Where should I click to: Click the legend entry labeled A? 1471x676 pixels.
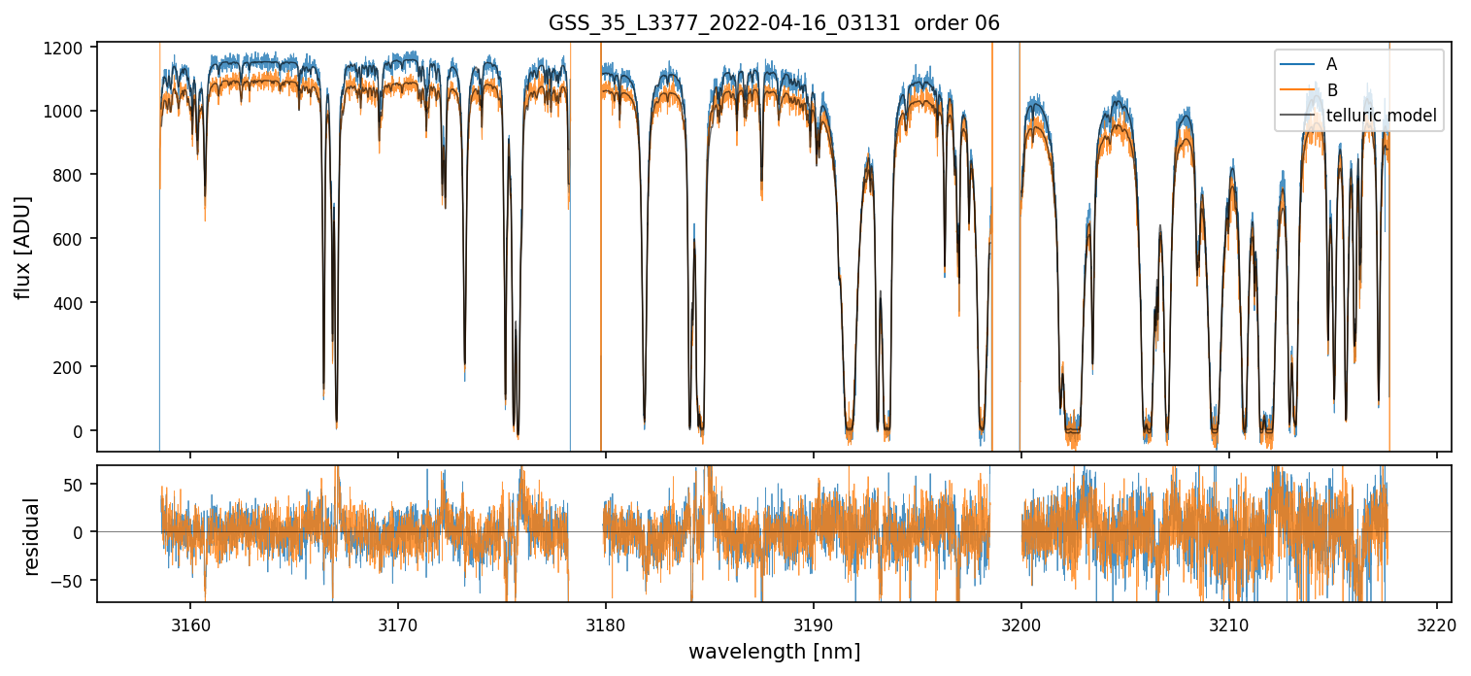[x=1331, y=64]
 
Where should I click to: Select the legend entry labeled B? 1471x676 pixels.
[x=1331, y=90]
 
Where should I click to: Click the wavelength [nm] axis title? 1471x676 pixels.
[x=774, y=652]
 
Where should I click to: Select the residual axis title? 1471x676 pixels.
[x=31, y=536]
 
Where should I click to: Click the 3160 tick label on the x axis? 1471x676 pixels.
[x=190, y=623]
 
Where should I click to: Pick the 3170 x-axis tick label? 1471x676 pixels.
[x=398, y=623]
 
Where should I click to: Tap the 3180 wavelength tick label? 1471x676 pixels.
[x=606, y=623]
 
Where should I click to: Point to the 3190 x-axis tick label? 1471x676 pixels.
[x=814, y=623]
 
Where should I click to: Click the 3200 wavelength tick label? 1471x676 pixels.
[x=1021, y=623]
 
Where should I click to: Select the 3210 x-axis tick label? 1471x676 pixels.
[x=1229, y=623]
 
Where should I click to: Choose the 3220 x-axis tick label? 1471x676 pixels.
[x=1437, y=623]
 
